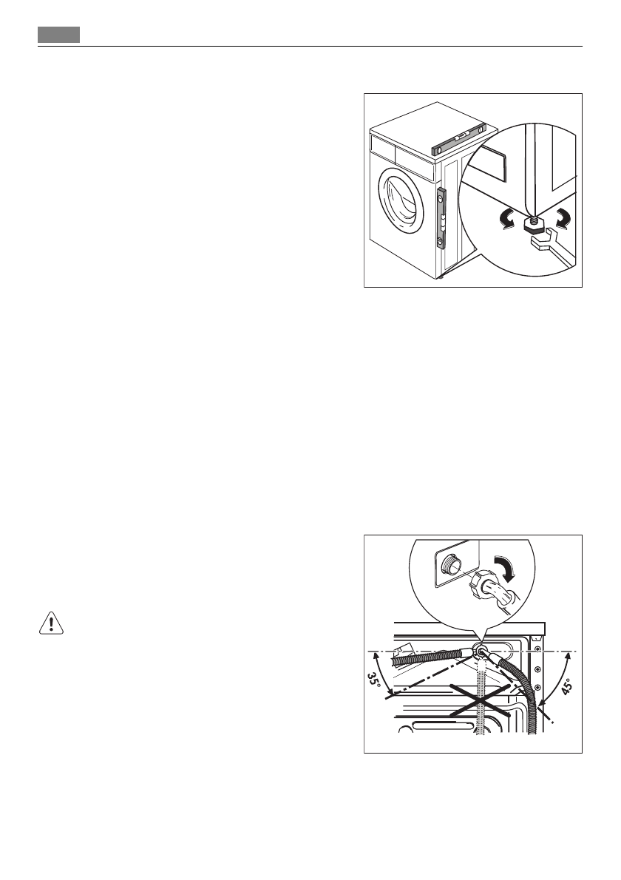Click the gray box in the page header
(x=59, y=35)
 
